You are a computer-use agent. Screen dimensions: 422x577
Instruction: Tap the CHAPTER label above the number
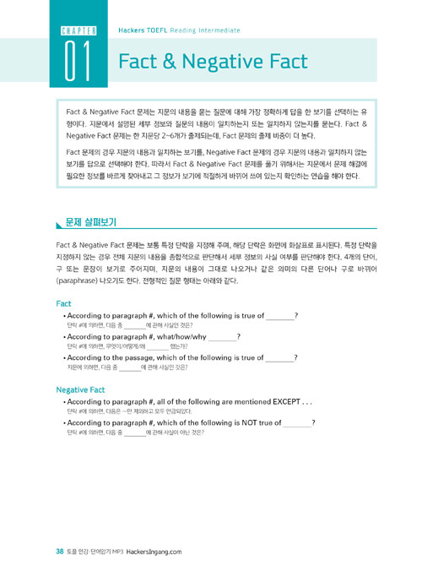pos(78,31)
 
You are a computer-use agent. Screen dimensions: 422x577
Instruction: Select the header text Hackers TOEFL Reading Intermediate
pos(170,29)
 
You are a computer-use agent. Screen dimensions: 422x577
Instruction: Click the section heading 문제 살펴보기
pos(90,223)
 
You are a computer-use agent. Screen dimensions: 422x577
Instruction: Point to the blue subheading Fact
pos(63,302)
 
